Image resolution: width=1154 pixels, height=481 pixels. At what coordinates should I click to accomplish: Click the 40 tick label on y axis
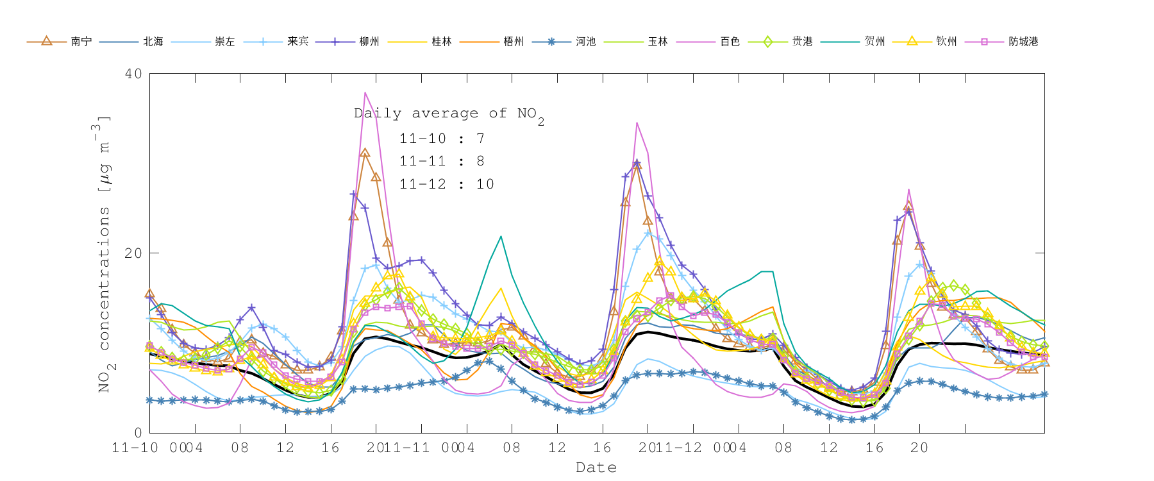133,74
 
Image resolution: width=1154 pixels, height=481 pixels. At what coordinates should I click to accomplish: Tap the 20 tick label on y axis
133,253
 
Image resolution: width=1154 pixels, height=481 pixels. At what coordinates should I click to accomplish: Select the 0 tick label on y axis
138,433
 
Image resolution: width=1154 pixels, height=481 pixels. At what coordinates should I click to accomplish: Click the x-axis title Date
596,468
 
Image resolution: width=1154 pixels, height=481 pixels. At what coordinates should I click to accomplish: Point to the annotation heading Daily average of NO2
449,114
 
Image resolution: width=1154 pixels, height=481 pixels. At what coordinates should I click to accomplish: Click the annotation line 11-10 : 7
442,139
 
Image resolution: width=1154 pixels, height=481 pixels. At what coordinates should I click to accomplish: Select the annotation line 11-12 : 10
446,184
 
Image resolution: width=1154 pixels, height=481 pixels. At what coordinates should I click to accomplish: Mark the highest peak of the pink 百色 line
365,93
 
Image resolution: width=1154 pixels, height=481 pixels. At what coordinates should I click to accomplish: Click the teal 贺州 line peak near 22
501,237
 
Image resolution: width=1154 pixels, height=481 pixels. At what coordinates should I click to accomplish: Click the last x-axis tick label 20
919,448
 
